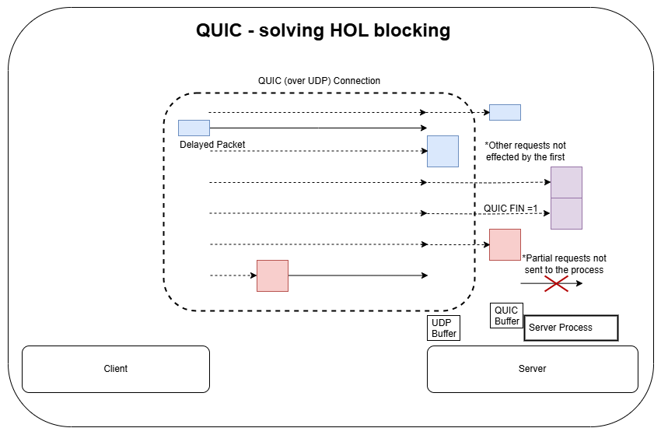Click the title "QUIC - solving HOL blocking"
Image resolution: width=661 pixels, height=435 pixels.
[x=323, y=31]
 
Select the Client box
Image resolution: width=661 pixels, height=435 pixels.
[x=116, y=369]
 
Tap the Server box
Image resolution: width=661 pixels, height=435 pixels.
[x=532, y=369]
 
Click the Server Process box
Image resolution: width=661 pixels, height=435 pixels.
[x=571, y=328]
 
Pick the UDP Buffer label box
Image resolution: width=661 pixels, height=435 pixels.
[x=442, y=328]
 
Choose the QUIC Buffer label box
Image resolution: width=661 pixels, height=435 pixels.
[x=506, y=315]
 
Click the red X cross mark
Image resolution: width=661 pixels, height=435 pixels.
[x=555, y=284]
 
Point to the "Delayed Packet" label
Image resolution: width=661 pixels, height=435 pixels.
[x=212, y=145]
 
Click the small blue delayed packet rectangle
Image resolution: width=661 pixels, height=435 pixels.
[x=194, y=128]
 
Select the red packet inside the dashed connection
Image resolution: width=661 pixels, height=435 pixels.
[x=272, y=275]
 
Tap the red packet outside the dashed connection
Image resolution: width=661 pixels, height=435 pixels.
[x=505, y=244]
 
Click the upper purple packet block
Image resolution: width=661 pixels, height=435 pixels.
[x=566, y=182]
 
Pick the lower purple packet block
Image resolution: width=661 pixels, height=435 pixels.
[x=566, y=213]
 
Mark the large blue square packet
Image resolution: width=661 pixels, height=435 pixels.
[x=442, y=151]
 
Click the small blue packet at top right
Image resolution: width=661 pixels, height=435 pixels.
[x=505, y=112]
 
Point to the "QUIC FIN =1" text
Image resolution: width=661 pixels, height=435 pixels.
[x=510, y=208]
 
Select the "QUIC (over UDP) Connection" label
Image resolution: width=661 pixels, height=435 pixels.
[x=319, y=81]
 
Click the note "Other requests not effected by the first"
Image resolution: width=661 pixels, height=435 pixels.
[x=525, y=151]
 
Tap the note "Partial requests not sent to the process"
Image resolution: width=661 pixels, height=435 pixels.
[x=564, y=264]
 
